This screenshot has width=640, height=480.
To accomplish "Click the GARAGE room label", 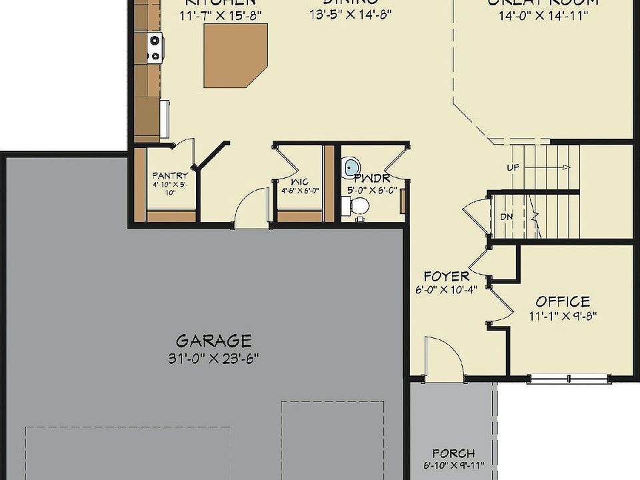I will click(x=213, y=341).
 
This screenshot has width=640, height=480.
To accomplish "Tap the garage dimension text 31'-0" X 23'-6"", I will click(x=213, y=358).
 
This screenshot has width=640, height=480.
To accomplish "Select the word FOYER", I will click(x=447, y=276).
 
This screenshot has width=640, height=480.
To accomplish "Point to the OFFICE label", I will click(x=563, y=302).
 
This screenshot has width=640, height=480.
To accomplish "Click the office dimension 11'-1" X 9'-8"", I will click(x=563, y=317).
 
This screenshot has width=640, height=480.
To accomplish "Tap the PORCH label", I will click(x=453, y=453).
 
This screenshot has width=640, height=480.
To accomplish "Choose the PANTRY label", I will click(x=170, y=176).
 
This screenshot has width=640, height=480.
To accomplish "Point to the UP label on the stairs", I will click(x=513, y=167).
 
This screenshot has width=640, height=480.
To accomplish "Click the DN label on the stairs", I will click(x=506, y=217).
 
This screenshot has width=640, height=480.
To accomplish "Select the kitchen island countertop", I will click(x=235, y=55).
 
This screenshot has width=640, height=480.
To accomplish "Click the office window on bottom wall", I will click(x=569, y=380).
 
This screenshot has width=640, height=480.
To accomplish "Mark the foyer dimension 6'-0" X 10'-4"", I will click(x=445, y=290).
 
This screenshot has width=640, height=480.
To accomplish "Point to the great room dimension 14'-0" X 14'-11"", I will click(x=543, y=15).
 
